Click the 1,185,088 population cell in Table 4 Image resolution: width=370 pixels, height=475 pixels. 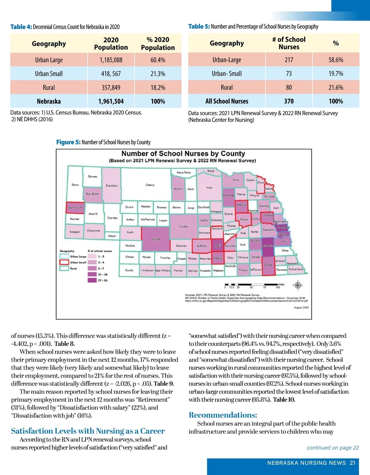[x=111, y=60]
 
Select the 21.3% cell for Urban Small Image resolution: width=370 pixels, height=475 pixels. [x=158, y=74]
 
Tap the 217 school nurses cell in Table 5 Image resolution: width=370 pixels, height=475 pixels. [x=289, y=60]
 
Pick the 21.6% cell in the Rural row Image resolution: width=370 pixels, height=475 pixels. [x=336, y=88]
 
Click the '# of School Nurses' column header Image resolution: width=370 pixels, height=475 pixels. [x=289, y=43]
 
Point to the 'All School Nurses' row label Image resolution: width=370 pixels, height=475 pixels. [x=227, y=101]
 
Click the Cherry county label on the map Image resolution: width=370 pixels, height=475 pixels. [x=150, y=185]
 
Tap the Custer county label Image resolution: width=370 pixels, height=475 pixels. [x=184, y=226]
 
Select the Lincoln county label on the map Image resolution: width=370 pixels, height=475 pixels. [x=156, y=239]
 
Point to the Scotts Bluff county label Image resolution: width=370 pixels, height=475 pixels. [x=75, y=208]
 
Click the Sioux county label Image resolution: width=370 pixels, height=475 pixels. [x=75, y=185]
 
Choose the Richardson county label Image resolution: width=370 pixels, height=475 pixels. [x=296, y=269]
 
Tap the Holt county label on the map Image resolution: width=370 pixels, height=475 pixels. [x=209, y=188]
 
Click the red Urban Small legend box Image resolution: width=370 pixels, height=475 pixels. [x=64, y=262]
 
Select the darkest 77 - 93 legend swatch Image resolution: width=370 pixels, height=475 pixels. [x=92, y=280]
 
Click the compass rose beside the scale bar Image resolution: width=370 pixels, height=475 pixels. [x=298, y=285]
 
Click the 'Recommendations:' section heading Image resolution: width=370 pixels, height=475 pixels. [x=223, y=415]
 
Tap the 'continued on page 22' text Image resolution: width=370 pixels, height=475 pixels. [x=333, y=448]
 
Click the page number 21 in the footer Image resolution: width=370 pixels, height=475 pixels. [x=353, y=463]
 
